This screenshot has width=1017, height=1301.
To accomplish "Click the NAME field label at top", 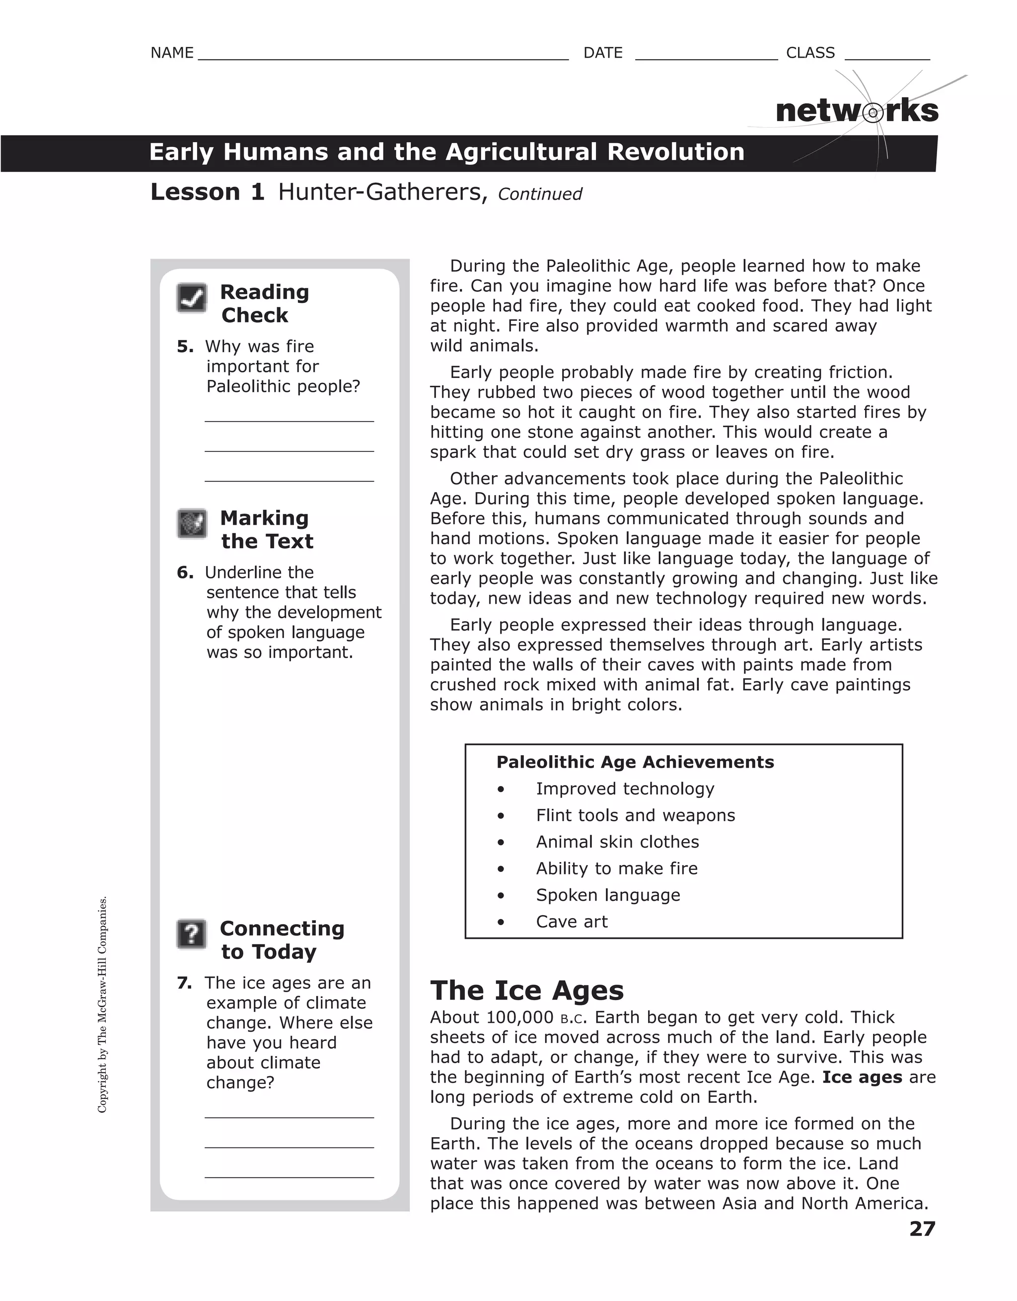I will pyautogui.click(x=172, y=53).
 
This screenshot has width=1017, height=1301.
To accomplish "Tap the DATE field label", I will pyautogui.click(x=602, y=53).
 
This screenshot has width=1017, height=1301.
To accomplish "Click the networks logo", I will pyautogui.click(x=857, y=111).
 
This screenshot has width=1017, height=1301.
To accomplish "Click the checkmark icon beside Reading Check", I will pyautogui.click(x=192, y=298).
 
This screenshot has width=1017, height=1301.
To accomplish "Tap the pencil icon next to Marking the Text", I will pyautogui.click(x=192, y=523).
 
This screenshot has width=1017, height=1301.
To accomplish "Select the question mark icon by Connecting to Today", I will pyautogui.click(x=192, y=934).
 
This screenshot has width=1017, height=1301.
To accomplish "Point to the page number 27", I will pyautogui.click(x=922, y=1229).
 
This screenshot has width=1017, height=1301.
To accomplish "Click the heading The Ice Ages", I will pyautogui.click(x=527, y=990).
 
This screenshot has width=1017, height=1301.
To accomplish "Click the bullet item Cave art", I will pyautogui.click(x=572, y=922).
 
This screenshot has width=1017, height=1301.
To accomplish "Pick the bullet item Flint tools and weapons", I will pyautogui.click(x=635, y=815).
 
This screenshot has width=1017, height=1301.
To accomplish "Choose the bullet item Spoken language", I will pyautogui.click(x=608, y=895).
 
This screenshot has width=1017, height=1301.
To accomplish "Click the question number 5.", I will pyautogui.click(x=185, y=347).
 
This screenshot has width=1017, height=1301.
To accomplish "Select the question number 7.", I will pyautogui.click(x=185, y=983).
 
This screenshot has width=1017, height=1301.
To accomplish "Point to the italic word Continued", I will pyautogui.click(x=540, y=194).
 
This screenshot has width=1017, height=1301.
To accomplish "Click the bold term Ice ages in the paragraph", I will pyautogui.click(x=862, y=1077).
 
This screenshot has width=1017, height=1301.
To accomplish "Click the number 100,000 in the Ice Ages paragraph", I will pyautogui.click(x=519, y=1017).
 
